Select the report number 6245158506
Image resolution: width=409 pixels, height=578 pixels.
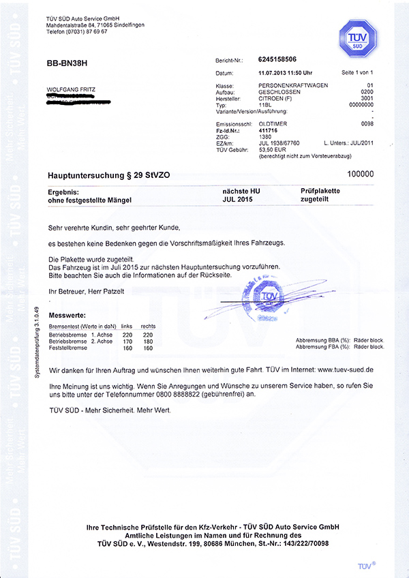point(283,60)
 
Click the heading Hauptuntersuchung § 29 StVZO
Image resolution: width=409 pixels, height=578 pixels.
point(108,175)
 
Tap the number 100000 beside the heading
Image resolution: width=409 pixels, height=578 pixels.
point(361,174)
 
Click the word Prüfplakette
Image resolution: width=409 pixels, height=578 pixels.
point(320,191)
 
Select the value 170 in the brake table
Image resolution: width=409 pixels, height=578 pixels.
point(127,341)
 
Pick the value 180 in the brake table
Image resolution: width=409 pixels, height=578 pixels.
point(148,341)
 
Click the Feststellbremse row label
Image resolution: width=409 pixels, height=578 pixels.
point(68,348)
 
